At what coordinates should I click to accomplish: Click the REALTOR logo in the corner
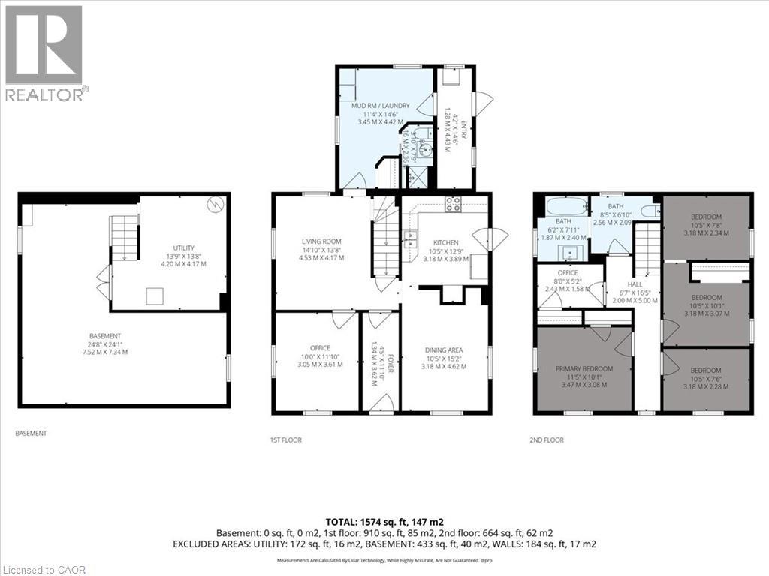coord(45,52)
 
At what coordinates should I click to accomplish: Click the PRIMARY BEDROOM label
coord(584,368)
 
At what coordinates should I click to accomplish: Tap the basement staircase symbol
coord(125,237)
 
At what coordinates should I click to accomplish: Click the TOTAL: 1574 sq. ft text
coord(384,521)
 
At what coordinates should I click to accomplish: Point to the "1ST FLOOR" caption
coord(286,439)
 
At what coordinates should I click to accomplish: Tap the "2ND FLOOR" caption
coord(548,439)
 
